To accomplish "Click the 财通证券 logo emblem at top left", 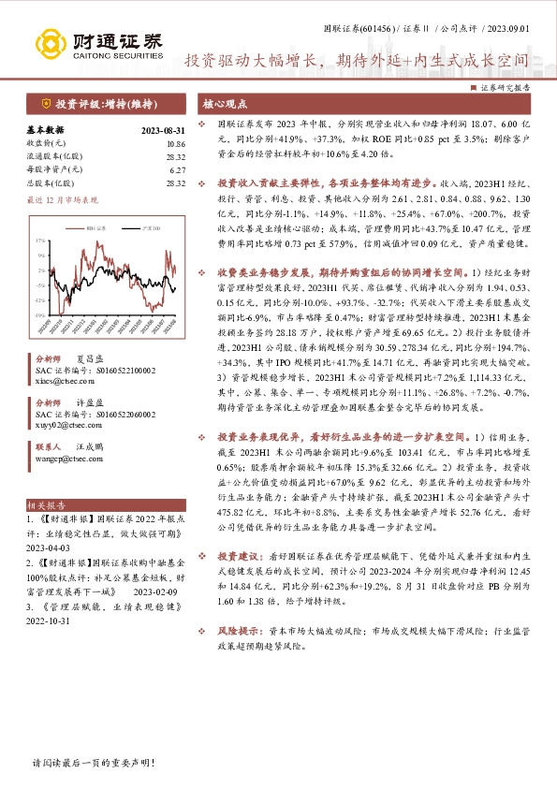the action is [50, 44].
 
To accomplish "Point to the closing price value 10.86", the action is [175, 144].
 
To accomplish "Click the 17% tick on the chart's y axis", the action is [40, 240].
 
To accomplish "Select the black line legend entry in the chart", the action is [141, 227].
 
